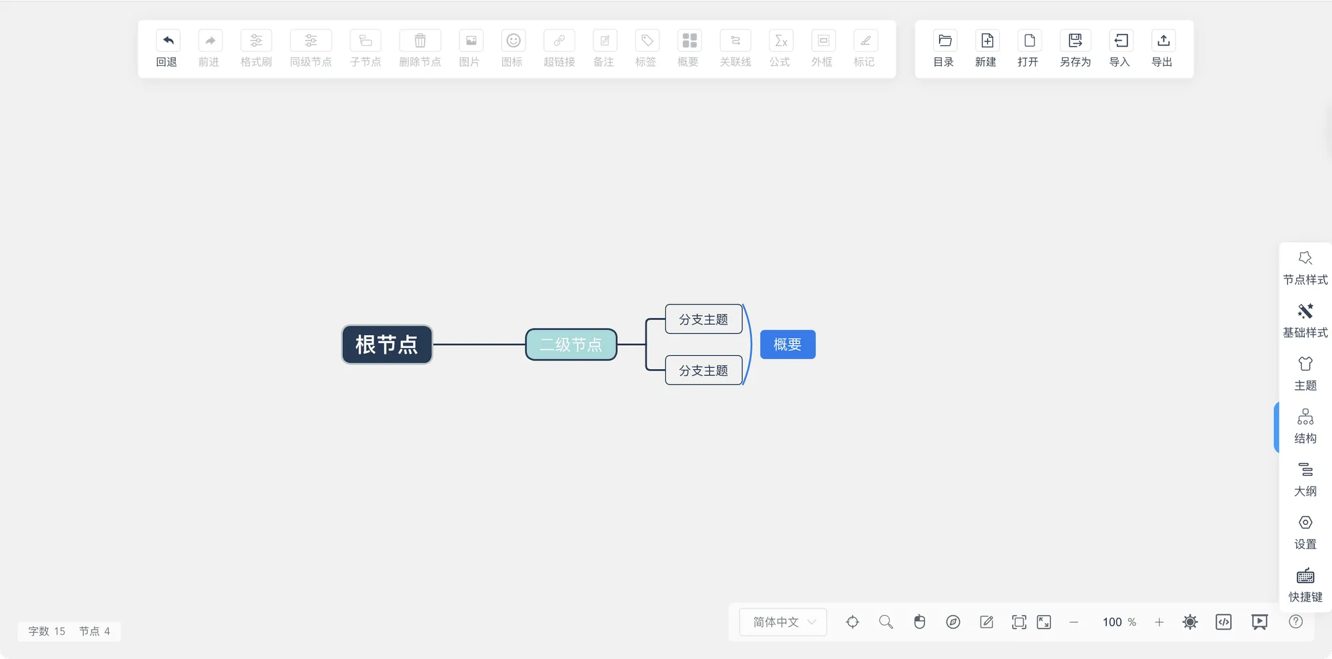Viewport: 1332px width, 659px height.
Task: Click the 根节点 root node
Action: click(x=386, y=344)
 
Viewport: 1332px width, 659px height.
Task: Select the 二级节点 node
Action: click(x=571, y=344)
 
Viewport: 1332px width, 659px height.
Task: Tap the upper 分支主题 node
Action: click(x=703, y=319)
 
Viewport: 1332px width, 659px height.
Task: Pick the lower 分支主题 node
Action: click(x=703, y=370)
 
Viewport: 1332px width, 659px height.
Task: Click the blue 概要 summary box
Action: click(x=787, y=344)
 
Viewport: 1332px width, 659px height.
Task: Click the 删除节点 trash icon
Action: click(x=420, y=41)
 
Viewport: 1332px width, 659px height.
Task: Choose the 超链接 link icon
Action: click(x=559, y=41)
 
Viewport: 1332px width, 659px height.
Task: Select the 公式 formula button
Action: click(x=780, y=41)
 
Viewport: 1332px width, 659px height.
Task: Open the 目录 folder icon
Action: click(x=944, y=41)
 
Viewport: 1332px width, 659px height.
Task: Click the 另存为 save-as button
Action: click(x=1075, y=41)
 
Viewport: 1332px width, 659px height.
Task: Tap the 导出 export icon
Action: click(x=1163, y=41)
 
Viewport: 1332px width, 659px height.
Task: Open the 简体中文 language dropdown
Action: click(x=783, y=622)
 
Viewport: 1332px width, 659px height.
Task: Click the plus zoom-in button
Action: click(x=1159, y=622)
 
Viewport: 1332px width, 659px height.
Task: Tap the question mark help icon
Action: click(x=1295, y=622)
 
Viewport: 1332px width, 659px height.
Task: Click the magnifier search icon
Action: click(x=886, y=622)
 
